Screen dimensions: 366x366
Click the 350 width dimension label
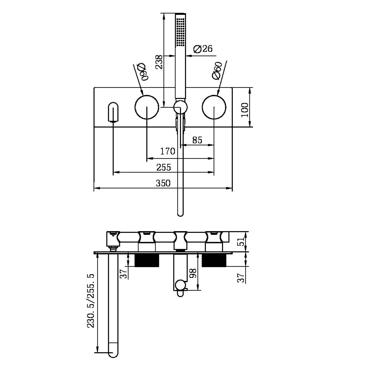(163, 183)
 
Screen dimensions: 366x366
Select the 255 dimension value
(163, 167)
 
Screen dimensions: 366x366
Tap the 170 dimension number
(168, 151)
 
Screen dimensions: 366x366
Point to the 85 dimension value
(197, 140)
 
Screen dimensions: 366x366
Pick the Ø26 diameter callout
(203, 49)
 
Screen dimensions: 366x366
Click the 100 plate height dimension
(245, 110)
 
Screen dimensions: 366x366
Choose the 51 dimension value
(241, 241)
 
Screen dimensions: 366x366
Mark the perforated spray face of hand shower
(180, 31)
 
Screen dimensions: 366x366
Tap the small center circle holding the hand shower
(180, 107)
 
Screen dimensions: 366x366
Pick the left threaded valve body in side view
(147, 260)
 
